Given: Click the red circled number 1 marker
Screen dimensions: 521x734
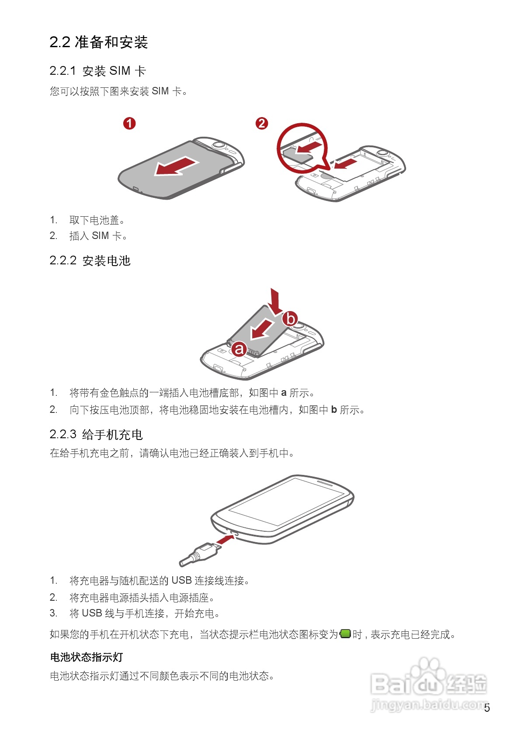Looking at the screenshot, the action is coord(129,124).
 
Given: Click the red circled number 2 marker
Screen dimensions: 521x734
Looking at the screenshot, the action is coord(262,124).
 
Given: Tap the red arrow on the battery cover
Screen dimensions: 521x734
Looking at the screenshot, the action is coord(177,166).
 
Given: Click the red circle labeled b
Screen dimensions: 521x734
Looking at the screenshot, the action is coord(291,319).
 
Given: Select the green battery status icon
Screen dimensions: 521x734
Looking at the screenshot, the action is coord(345,634).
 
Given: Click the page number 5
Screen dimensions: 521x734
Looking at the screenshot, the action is coord(487,708).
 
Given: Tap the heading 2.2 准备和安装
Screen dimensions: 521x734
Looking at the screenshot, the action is coord(99,42).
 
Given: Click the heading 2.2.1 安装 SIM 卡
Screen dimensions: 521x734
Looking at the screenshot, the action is coord(98,71).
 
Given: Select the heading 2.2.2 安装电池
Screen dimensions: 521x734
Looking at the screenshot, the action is coord(90,261).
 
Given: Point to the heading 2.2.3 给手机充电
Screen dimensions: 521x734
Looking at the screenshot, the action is coord(96,434).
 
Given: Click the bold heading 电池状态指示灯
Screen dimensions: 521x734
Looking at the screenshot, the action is coord(87,657).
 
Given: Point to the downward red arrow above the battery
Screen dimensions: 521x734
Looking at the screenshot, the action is coord(274,302).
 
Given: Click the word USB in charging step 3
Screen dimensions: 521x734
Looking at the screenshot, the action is coord(92,613).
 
